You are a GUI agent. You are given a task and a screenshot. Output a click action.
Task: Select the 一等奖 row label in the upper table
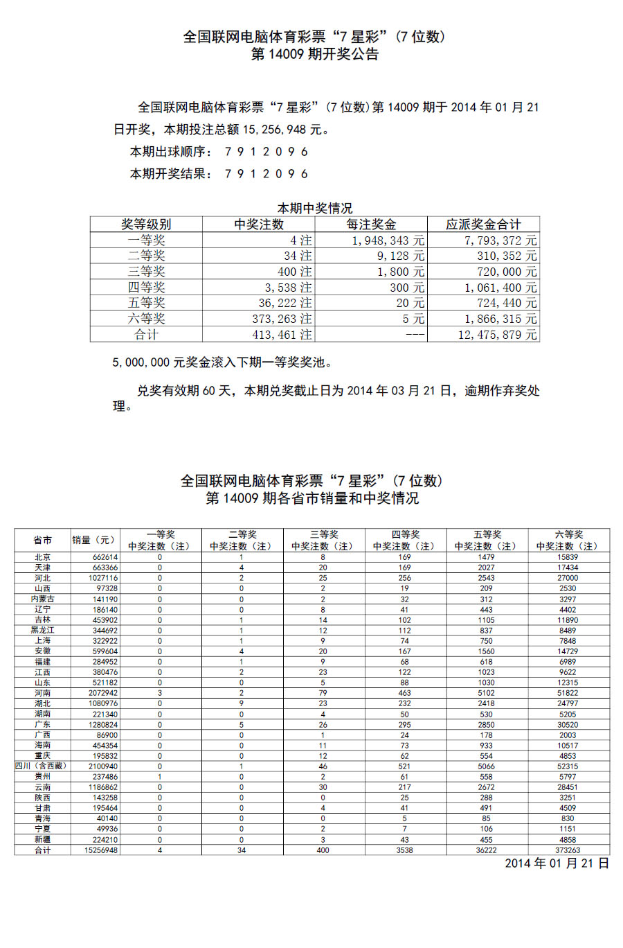(146, 240)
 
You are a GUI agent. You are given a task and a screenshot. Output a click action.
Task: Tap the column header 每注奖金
(371, 225)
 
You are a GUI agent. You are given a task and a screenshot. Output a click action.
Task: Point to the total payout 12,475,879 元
(497, 335)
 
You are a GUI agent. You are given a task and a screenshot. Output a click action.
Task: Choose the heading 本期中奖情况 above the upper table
(315, 208)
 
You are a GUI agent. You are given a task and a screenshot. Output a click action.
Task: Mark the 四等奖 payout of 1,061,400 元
(497, 288)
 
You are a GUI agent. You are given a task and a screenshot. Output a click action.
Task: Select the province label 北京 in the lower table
(43, 557)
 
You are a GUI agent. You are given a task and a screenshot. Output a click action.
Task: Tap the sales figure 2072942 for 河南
(103, 693)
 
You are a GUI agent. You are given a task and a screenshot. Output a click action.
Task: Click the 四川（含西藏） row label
(43, 766)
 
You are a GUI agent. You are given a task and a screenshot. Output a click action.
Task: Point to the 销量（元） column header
(94, 540)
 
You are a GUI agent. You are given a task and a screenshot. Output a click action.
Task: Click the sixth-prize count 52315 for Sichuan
(568, 766)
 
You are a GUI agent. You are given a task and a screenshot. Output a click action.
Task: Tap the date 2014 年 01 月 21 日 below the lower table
(557, 863)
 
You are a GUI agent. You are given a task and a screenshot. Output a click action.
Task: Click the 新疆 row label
(43, 840)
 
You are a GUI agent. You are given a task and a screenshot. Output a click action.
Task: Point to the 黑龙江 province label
(43, 631)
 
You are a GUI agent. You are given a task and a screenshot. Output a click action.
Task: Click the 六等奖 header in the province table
(568, 534)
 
